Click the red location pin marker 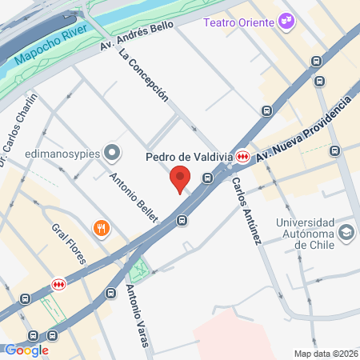pyautogui.click(x=180, y=179)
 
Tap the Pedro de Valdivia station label pyautogui.click(x=190, y=156)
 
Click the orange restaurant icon pyautogui.click(x=101, y=228)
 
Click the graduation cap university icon pyautogui.click(x=346, y=233)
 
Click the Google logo pyautogui.click(x=27, y=350)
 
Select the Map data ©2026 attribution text pyautogui.click(x=325, y=354)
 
